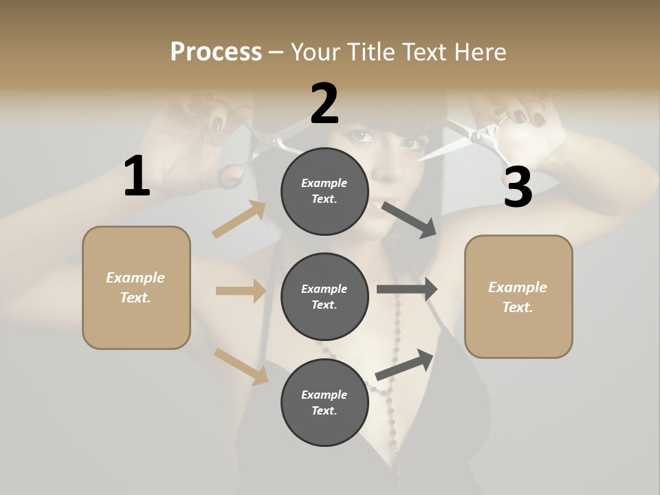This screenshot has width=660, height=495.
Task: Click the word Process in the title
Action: pos(216,52)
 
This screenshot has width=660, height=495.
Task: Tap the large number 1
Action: pos(137,177)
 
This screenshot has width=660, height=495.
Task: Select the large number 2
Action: pos(324,104)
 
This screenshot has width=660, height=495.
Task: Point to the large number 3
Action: pos(518,188)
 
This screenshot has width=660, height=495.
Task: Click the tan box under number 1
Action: pos(136,287)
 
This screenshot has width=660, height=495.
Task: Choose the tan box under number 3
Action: pos(518,296)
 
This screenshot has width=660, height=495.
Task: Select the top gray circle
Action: pos(324,191)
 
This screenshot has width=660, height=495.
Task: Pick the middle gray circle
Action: pos(324,296)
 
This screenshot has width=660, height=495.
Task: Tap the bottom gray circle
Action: pos(324,402)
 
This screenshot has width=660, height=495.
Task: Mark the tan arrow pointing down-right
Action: pos(241,366)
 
